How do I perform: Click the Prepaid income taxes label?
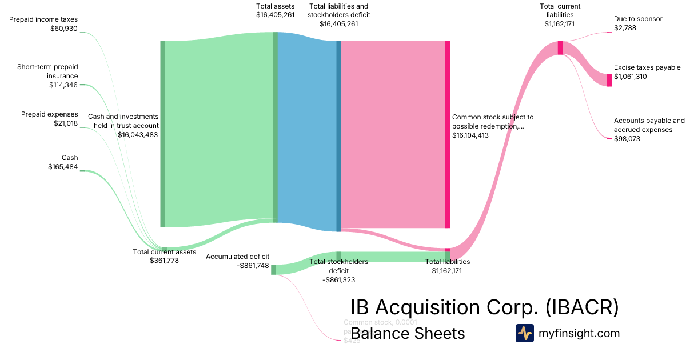pyautogui.click(x=43, y=19)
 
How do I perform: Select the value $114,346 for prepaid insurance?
pyautogui.click(x=63, y=85)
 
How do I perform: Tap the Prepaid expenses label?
pyautogui.click(x=49, y=114)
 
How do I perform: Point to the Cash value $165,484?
pyautogui.click(x=63, y=167)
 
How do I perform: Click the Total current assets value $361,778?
pyautogui.click(x=164, y=261)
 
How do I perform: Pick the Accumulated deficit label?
pyautogui.click(x=237, y=257)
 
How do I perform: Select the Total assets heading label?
pyautogui.click(x=276, y=6)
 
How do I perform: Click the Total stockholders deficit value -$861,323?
pyautogui.click(x=338, y=280)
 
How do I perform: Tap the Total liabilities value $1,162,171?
pyautogui.click(x=447, y=271)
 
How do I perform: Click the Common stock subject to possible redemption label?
pyautogui.click(x=492, y=121)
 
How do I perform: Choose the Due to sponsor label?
pyautogui.click(x=638, y=19)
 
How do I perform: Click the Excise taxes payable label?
pyautogui.click(x=647, y=67)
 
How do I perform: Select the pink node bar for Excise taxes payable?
pyautogui.click(x=609, y=80)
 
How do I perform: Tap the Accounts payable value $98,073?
pyautogui.click(x=627, y=139)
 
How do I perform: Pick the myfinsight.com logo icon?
pyautogui.click(x=524, y=333)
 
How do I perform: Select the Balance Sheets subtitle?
pyautogui.click(x=408, y=333)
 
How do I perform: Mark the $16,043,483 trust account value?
pyautogui.click(x=138, y=135)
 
